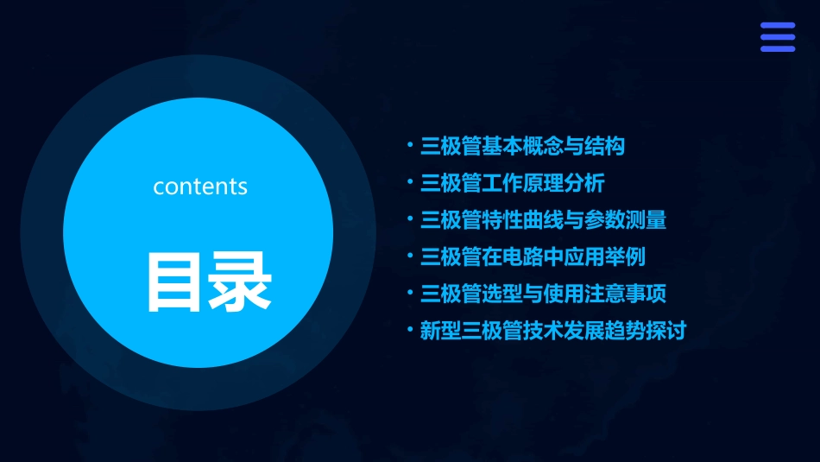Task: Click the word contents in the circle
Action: coord(200,187)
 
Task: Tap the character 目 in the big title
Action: coord(173,282)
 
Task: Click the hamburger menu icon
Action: coord(777,37)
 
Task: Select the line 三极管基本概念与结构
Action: coord(522,146)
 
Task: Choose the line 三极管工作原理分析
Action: coord(512,183)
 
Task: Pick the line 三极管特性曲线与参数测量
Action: coord(543,220)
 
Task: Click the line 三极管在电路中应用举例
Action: coord(533,256)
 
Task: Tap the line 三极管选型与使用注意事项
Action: coord(543,294)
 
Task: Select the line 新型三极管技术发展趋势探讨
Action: coord(552,331)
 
